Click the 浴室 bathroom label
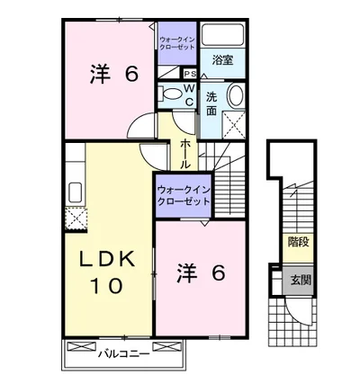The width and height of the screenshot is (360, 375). [222, 60]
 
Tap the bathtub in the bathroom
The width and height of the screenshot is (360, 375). [222, 34]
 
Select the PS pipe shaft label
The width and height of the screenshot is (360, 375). [190, 74]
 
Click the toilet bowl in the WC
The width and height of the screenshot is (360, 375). [172, 93]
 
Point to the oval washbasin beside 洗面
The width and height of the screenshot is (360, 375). [237, 95]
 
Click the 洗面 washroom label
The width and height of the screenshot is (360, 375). [211, 104]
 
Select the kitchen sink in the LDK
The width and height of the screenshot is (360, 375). [76, 192]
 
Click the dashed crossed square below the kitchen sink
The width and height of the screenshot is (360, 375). [76, 219]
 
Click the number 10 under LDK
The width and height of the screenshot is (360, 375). [106, 286]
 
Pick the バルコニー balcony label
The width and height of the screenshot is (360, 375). [124, 354]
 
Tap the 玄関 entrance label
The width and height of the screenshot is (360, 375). [300, 280]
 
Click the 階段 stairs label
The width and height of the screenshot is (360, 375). [298, 242]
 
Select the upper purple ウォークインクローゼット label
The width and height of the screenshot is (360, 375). [177, 43]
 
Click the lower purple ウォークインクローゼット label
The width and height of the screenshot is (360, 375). [184, 196]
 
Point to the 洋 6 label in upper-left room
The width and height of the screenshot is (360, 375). [114, 74]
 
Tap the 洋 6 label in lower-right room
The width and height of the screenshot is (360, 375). [201, 272]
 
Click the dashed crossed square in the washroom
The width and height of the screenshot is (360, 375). [234, 124]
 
